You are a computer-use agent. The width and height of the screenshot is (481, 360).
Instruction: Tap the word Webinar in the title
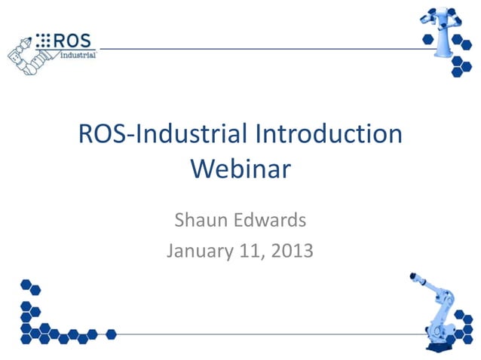240,167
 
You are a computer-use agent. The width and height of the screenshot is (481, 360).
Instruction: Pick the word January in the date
202,249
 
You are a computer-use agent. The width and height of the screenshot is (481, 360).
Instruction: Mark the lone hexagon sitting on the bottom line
112,334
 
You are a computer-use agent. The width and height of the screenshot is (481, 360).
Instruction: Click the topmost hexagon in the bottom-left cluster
26,285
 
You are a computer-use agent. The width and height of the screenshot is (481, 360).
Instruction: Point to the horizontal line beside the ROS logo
256,48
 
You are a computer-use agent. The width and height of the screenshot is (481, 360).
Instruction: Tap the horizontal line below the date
264,334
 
